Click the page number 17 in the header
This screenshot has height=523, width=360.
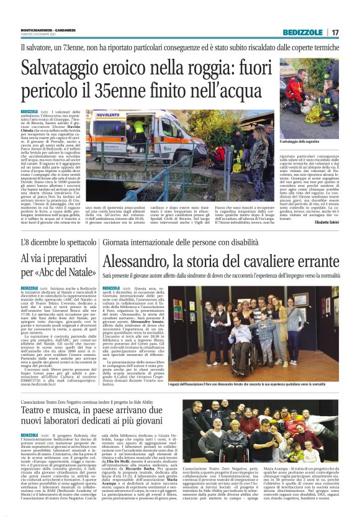click(335, 32)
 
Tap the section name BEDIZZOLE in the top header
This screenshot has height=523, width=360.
click(302, 32)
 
